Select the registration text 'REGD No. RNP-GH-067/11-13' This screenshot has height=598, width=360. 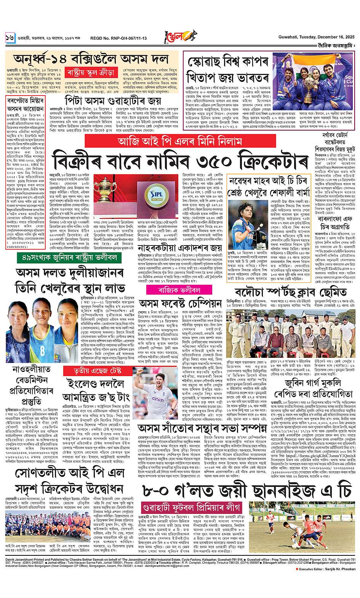pyautogui.click(x=113, y=38)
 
